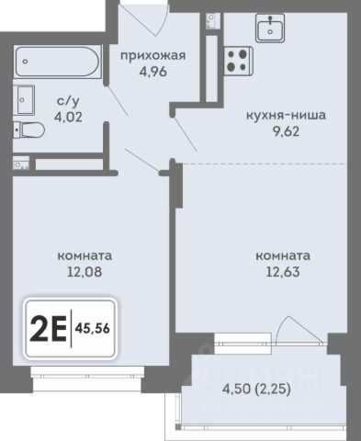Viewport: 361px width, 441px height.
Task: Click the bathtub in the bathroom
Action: (x=58, y=62)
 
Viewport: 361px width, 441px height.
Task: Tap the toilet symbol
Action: (x=28, y=130)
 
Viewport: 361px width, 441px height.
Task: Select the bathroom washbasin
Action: (x=24, y=100)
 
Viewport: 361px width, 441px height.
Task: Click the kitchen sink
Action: (x=270, y=28)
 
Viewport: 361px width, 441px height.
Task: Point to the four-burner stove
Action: (x=238, y=61)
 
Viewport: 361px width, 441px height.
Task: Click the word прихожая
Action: (x=152, y=56)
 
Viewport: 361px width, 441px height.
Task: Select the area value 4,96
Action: (x=153, y=72)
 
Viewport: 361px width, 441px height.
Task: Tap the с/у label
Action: (x=68, y=100)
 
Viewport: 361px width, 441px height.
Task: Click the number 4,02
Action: (x=68, y=117)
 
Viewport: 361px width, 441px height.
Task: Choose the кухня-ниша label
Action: (x=286, y=116)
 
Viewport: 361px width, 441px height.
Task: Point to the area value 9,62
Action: (x=286, y=131)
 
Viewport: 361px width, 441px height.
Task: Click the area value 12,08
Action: (x=85, y=272)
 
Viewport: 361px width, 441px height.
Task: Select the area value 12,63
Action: (x=283, y=272)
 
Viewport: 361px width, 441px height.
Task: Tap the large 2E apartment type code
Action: (x=48, y=329)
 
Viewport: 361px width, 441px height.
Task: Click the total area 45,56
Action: (x=93, y=329)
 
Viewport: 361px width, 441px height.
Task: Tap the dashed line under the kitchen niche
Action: (x=264, y=164)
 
